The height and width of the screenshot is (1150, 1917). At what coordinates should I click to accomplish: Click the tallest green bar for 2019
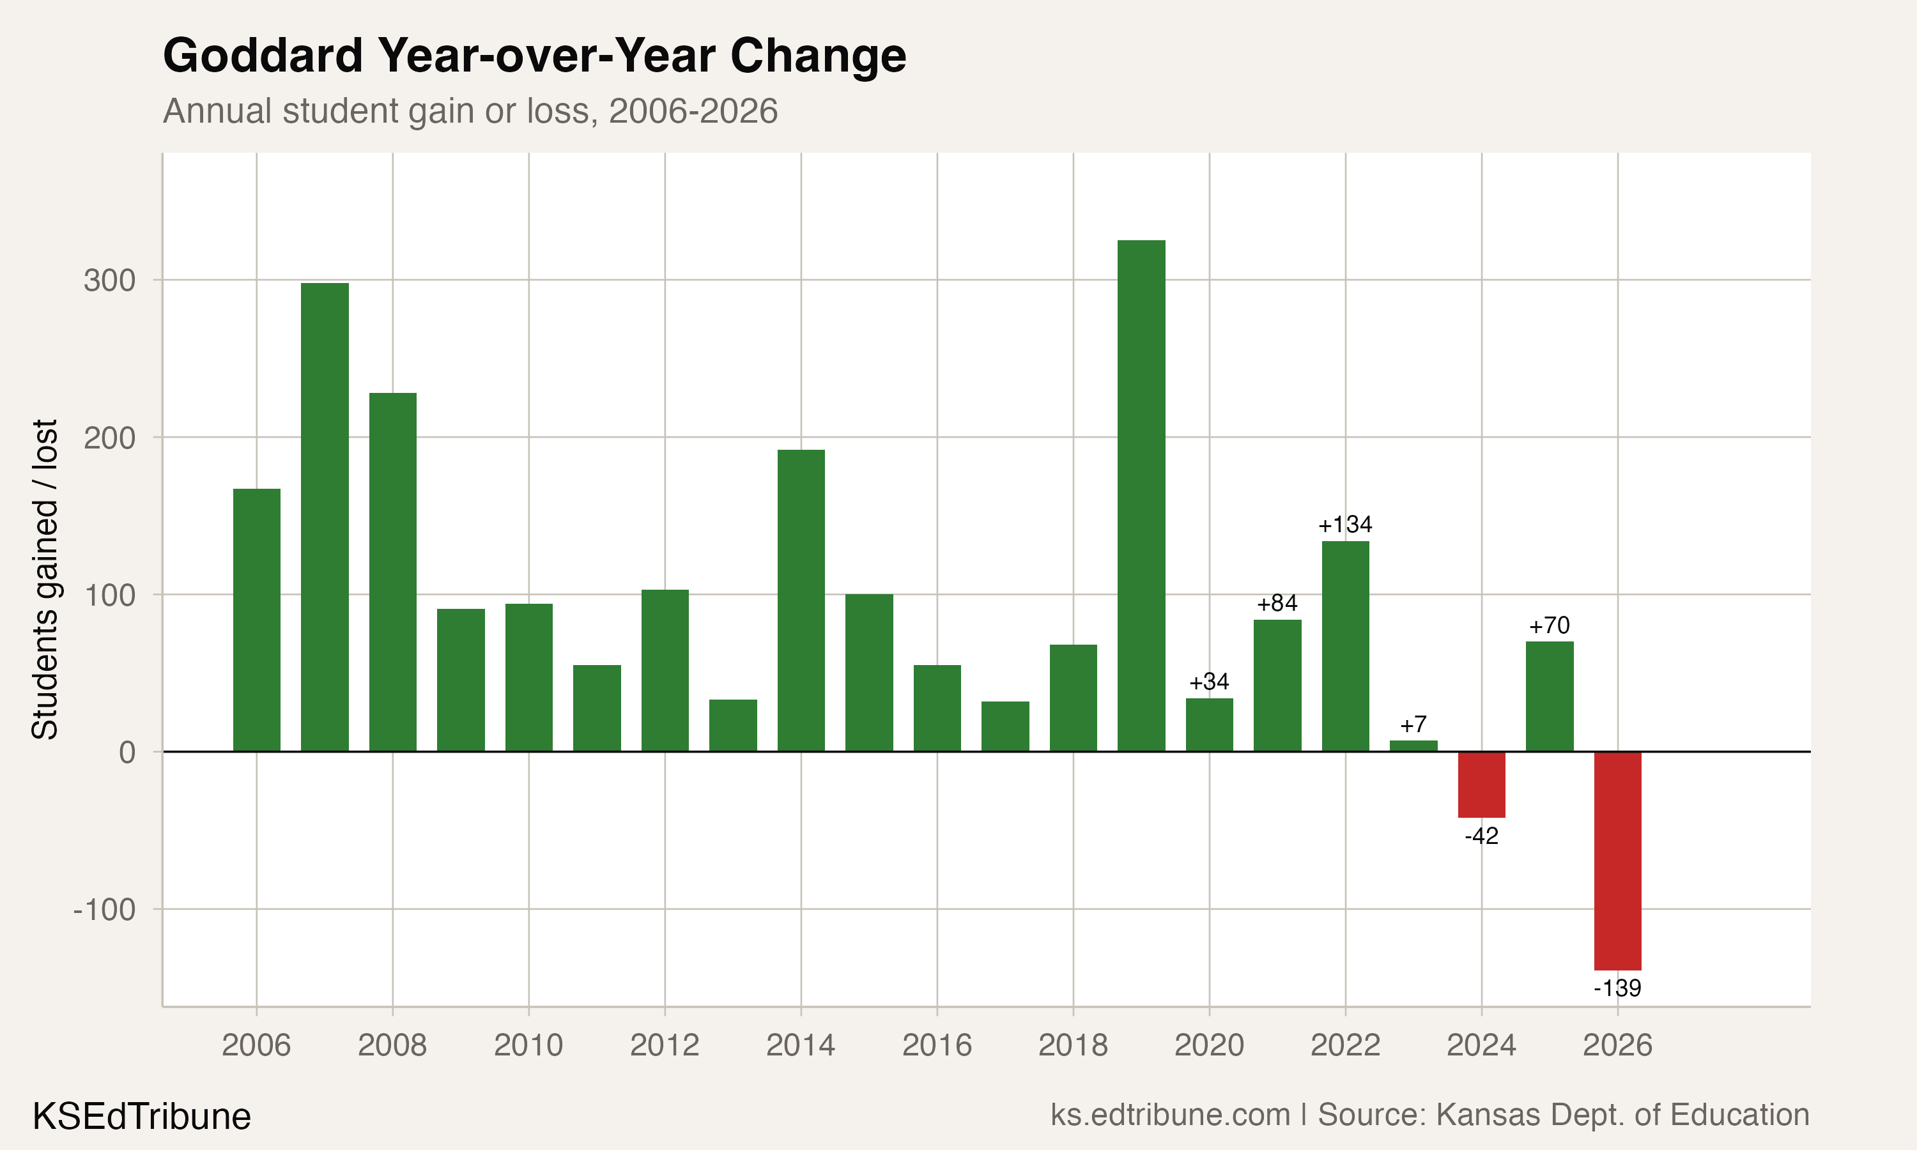click(x=1141, y=496)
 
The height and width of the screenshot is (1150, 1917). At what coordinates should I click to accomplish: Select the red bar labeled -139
click(x=1617, y=860)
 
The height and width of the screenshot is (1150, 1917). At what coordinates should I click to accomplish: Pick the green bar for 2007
click(x=325, y=517)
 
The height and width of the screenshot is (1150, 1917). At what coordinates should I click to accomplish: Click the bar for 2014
click(x=801, y=601)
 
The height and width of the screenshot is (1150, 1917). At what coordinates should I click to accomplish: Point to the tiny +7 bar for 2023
click(x=1413, y=746)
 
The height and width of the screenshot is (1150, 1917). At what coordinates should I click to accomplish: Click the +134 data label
click(x=1345, y=525)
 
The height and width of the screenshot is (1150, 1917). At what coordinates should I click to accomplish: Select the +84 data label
click(x=1277, y=603)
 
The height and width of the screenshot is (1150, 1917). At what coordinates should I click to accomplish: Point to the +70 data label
click(x=1549, y=625)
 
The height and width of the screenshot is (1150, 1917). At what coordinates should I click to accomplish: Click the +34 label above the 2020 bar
click(x=1209, y=682)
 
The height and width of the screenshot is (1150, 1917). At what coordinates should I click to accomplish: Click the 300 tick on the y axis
click(x=109, y=280)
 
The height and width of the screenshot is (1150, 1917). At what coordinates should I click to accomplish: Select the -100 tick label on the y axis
click(x=105, y=909)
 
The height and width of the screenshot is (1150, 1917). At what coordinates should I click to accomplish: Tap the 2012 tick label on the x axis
click(x=664, y=1045)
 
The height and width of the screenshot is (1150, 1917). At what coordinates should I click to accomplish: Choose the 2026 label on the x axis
click(x=1617, y=1045)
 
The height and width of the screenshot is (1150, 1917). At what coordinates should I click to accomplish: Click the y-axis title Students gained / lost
click(x=45, y=579)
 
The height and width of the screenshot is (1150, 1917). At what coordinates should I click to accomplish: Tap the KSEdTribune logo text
click(x=142, y=1117)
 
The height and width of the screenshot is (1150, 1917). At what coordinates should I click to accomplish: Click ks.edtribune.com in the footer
click(x=1170, y=1115)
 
